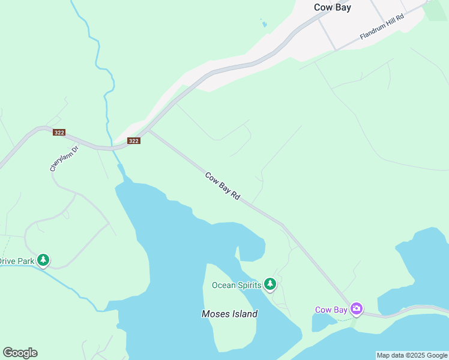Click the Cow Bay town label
point(332,8)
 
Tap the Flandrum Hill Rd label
point(382,28)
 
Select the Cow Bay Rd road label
point(223,186)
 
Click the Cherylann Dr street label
point(64,159)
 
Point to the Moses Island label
point(229,314)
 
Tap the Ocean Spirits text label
point(237,285)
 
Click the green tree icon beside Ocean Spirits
point(270,284)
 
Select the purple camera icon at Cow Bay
point(357,309)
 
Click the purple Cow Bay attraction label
point(331,310)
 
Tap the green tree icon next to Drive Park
point(43,260)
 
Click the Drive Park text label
point(17,261)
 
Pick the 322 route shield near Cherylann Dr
point(59,132)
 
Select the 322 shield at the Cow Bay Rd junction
point(133,141)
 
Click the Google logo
point(20,353)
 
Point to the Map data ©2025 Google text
point(412,355)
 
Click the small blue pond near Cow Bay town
point(264,24)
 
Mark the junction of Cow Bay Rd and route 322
point(148,130)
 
